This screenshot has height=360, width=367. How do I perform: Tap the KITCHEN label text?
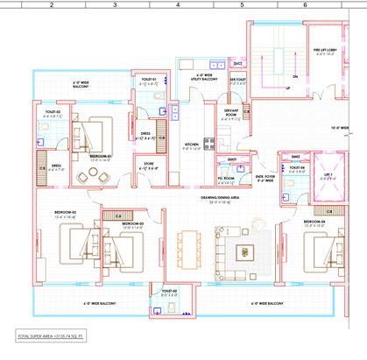(193, 146)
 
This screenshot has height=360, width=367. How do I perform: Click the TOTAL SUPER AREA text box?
(53, 335)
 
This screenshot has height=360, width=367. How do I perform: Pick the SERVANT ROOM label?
(232, 114)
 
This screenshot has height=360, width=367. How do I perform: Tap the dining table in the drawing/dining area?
(185, 242)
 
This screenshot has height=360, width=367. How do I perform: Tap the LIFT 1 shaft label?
(326, 175)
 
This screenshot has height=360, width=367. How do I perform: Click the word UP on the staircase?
(288, 88)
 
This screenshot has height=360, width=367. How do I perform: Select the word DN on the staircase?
(295, 76)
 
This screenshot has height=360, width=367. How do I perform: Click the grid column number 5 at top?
(242, 4)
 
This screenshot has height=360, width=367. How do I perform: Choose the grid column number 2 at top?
(51, 4)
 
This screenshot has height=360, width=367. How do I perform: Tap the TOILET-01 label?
(149, 80)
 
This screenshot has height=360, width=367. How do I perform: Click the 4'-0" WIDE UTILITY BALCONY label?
(206, 78)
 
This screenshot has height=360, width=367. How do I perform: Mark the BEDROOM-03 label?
(131, 225)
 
